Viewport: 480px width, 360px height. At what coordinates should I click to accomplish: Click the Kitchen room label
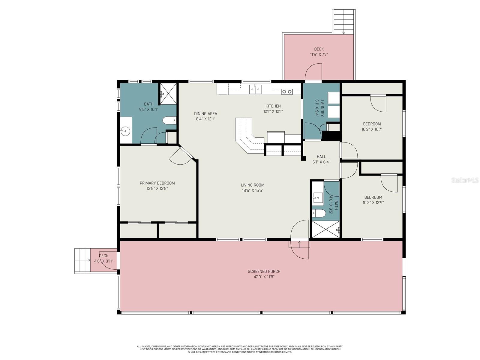(x=273, y=106)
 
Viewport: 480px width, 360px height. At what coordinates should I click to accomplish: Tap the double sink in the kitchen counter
(x=255, y=89)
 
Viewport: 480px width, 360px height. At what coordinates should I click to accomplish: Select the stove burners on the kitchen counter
(x=287, y=92)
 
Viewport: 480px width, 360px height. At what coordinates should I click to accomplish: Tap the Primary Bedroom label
(x=157, y=183)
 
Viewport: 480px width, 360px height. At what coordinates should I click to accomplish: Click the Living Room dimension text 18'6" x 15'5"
(x=253, y=190)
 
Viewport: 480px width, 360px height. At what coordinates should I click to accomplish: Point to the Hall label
(x=321, y=157)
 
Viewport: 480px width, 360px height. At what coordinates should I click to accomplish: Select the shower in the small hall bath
(x=325, y=229)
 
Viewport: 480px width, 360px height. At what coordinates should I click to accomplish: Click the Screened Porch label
(x=264, y=271)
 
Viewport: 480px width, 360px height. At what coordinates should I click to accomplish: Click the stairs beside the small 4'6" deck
(x=82, y=260)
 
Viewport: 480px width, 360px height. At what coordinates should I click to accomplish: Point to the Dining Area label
(x=205, y=114)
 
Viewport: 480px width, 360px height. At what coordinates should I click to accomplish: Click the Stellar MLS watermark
(x=465, y=180)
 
